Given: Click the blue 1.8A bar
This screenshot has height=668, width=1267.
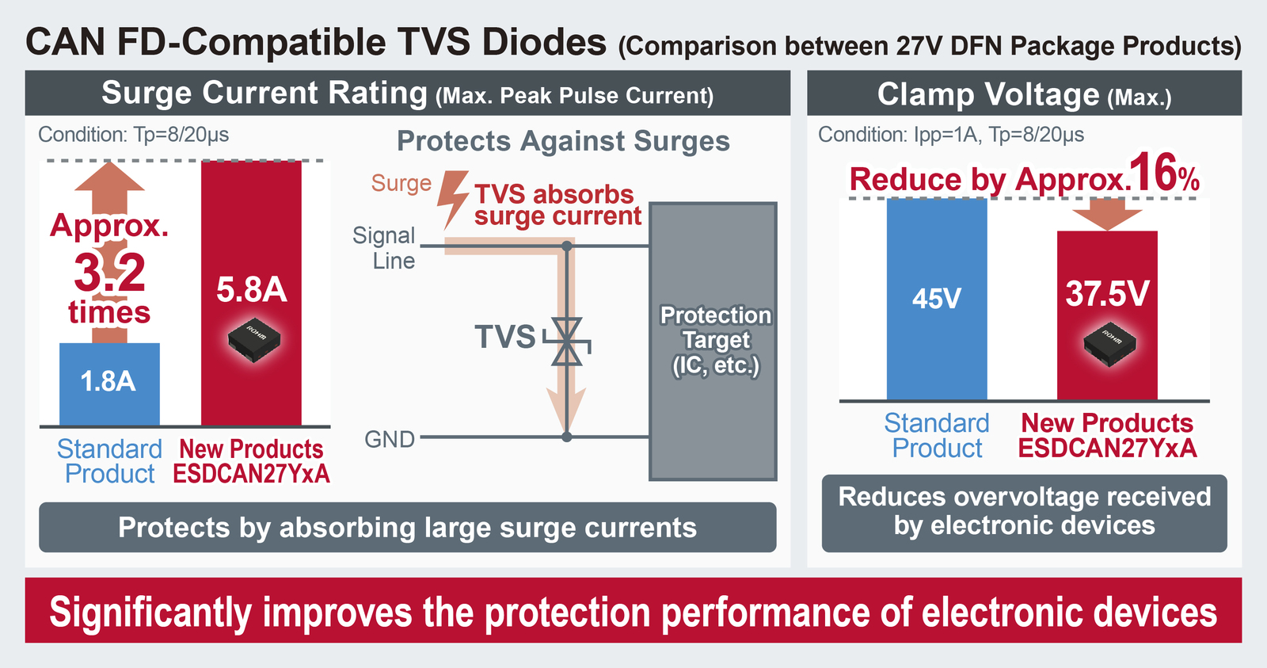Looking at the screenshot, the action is (109, 384).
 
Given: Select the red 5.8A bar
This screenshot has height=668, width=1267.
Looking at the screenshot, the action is (251, 292).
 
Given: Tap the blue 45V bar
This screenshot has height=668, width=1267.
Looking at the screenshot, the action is (937, 299).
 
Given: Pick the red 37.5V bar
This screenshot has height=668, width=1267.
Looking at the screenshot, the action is (1107, 315).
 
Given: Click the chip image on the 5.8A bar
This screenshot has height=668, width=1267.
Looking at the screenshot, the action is (254, 340).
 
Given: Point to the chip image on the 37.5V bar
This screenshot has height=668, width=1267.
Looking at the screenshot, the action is (1109, 345).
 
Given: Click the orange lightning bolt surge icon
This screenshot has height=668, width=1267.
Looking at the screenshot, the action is (452, 199).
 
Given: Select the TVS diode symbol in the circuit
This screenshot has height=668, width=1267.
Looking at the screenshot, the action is (567, 342).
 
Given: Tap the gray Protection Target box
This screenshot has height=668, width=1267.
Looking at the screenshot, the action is (713, 342).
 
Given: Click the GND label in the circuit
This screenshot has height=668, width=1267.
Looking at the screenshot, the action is (390, 439).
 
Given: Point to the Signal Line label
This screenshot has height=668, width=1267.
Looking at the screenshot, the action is (384, 248).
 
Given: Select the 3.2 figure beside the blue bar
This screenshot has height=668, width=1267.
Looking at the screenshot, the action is (109, 273).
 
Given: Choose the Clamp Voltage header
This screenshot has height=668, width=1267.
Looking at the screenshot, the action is (1025, 94).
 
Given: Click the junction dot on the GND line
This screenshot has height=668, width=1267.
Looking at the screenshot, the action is (567, 437).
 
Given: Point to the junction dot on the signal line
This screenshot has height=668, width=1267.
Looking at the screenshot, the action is (567, 246).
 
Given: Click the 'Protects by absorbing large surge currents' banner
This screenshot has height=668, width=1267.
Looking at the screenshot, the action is (407, 527).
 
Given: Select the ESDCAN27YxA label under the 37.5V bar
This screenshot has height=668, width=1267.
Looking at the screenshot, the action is (1108, 449).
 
